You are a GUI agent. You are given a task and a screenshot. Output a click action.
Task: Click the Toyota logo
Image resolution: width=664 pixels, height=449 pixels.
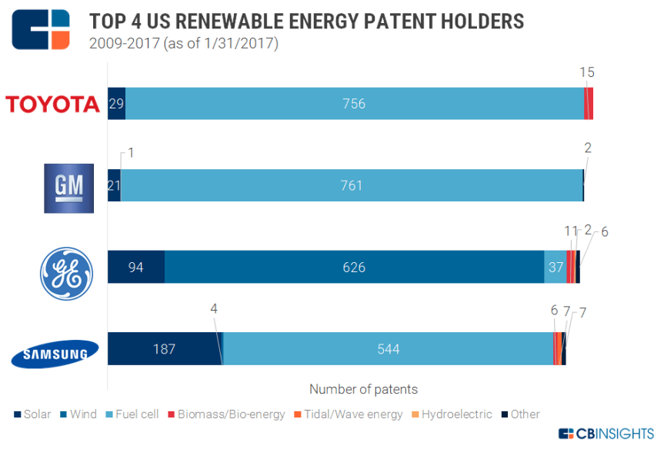click(x=52, y=104)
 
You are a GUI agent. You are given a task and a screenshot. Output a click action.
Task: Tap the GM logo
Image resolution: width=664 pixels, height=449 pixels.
click(x=68, y=188)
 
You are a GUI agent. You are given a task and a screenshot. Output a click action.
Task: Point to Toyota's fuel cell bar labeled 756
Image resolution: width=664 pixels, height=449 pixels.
click(x=354, y=104)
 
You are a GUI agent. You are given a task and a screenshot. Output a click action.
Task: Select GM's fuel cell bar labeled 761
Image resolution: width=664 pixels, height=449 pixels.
click(x=351, y=185)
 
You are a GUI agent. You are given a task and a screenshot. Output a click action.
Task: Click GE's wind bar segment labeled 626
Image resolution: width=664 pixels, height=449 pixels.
click(x=354, y=268)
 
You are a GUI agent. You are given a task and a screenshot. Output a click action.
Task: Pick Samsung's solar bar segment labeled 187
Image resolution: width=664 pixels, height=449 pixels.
click(x=164, y=349)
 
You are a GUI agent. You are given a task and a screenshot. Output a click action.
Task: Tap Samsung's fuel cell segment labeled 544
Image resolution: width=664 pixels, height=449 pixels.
click(x=388, y=349)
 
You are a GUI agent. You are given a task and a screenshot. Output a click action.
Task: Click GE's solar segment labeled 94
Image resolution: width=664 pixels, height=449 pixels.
click(x=136, y=268)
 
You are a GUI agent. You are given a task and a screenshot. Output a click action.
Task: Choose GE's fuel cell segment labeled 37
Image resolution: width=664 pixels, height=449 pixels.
click(x=555, y=268)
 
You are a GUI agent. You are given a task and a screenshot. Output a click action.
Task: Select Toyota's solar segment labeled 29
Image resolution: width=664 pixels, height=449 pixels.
click(x=116, y=104)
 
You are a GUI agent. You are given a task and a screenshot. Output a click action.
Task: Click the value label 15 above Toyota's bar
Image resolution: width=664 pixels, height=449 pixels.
click(x=588, y=72)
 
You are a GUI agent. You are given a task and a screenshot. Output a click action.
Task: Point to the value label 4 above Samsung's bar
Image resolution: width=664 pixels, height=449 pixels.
click(x=215, y=308)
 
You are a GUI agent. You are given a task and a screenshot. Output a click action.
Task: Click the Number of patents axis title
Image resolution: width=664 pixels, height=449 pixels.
click(x=363, y=389)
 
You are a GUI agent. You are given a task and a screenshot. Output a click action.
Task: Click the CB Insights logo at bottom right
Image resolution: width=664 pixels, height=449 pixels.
click(x=606, y=434)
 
